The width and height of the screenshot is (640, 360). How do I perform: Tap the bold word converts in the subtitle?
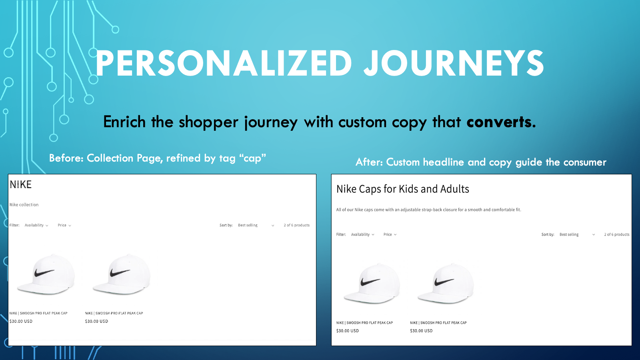pyautogui.click(x=501, y=122)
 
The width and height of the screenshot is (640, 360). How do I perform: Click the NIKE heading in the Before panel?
pyautogui.click(x=21, y=184)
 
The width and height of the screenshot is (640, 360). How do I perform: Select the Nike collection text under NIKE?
pyautogui.click(x=24, y=205)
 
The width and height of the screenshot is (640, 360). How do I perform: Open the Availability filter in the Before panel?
pyautogui.click(x=36, y=225)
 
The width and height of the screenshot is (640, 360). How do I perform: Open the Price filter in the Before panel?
pyautogui.click(x=64, y=225)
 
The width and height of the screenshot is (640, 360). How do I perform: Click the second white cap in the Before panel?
pyautogui.click(x=122, y=274)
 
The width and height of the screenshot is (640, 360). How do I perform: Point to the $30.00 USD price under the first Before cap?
pyautogui.click(x=21, y=321)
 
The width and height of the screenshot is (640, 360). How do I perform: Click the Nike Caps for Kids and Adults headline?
pyautogui.click(x=402, y=189)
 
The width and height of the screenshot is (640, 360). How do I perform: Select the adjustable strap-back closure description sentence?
pyautogui.click(x=428, y=210)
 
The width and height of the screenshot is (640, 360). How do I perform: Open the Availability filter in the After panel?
pyautogui.click(x=362, y=234)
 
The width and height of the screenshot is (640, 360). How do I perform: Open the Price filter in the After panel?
pyautogui.click(x=390, y=234)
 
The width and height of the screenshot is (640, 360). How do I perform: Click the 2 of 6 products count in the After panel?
pyautogui.click(x=616, y=234)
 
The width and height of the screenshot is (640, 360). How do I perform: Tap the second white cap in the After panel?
pyautogui.click(x=446, y=284)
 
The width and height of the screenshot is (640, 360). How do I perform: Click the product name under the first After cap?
pyautogui.click(x=364, y=323)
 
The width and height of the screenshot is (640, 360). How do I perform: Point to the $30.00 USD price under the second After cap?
pyautogui.click(x=421, y=331)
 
